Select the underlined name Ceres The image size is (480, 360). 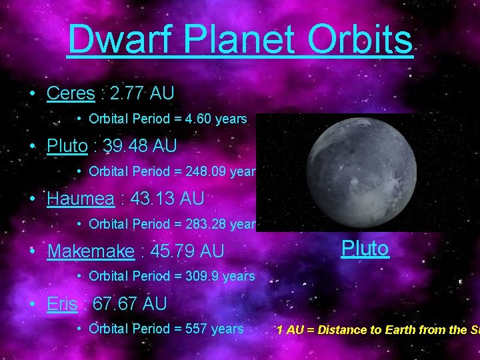tap(71, 93)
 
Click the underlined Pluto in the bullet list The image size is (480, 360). tap(67, 145)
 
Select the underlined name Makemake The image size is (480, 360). tap(90, 251)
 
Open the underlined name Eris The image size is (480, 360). tap(62, 304)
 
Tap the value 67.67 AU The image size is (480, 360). tap(129, 304)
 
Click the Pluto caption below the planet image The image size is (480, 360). tap(365, 249)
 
